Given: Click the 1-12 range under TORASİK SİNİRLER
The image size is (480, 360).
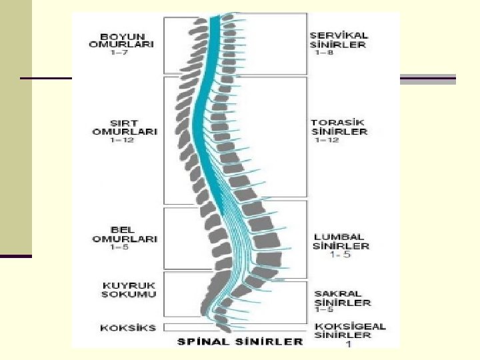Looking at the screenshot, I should [x=325, y=141].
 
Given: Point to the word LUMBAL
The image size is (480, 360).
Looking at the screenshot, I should [x=339, y=237].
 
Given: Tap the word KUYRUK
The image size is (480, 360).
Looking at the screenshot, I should [x=129, y=285].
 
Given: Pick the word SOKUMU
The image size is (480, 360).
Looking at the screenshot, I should [x=129, y=294].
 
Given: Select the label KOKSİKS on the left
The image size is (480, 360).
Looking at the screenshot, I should [x=128, y=327].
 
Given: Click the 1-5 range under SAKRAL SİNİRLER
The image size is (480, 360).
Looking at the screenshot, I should [x=325, y=310].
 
